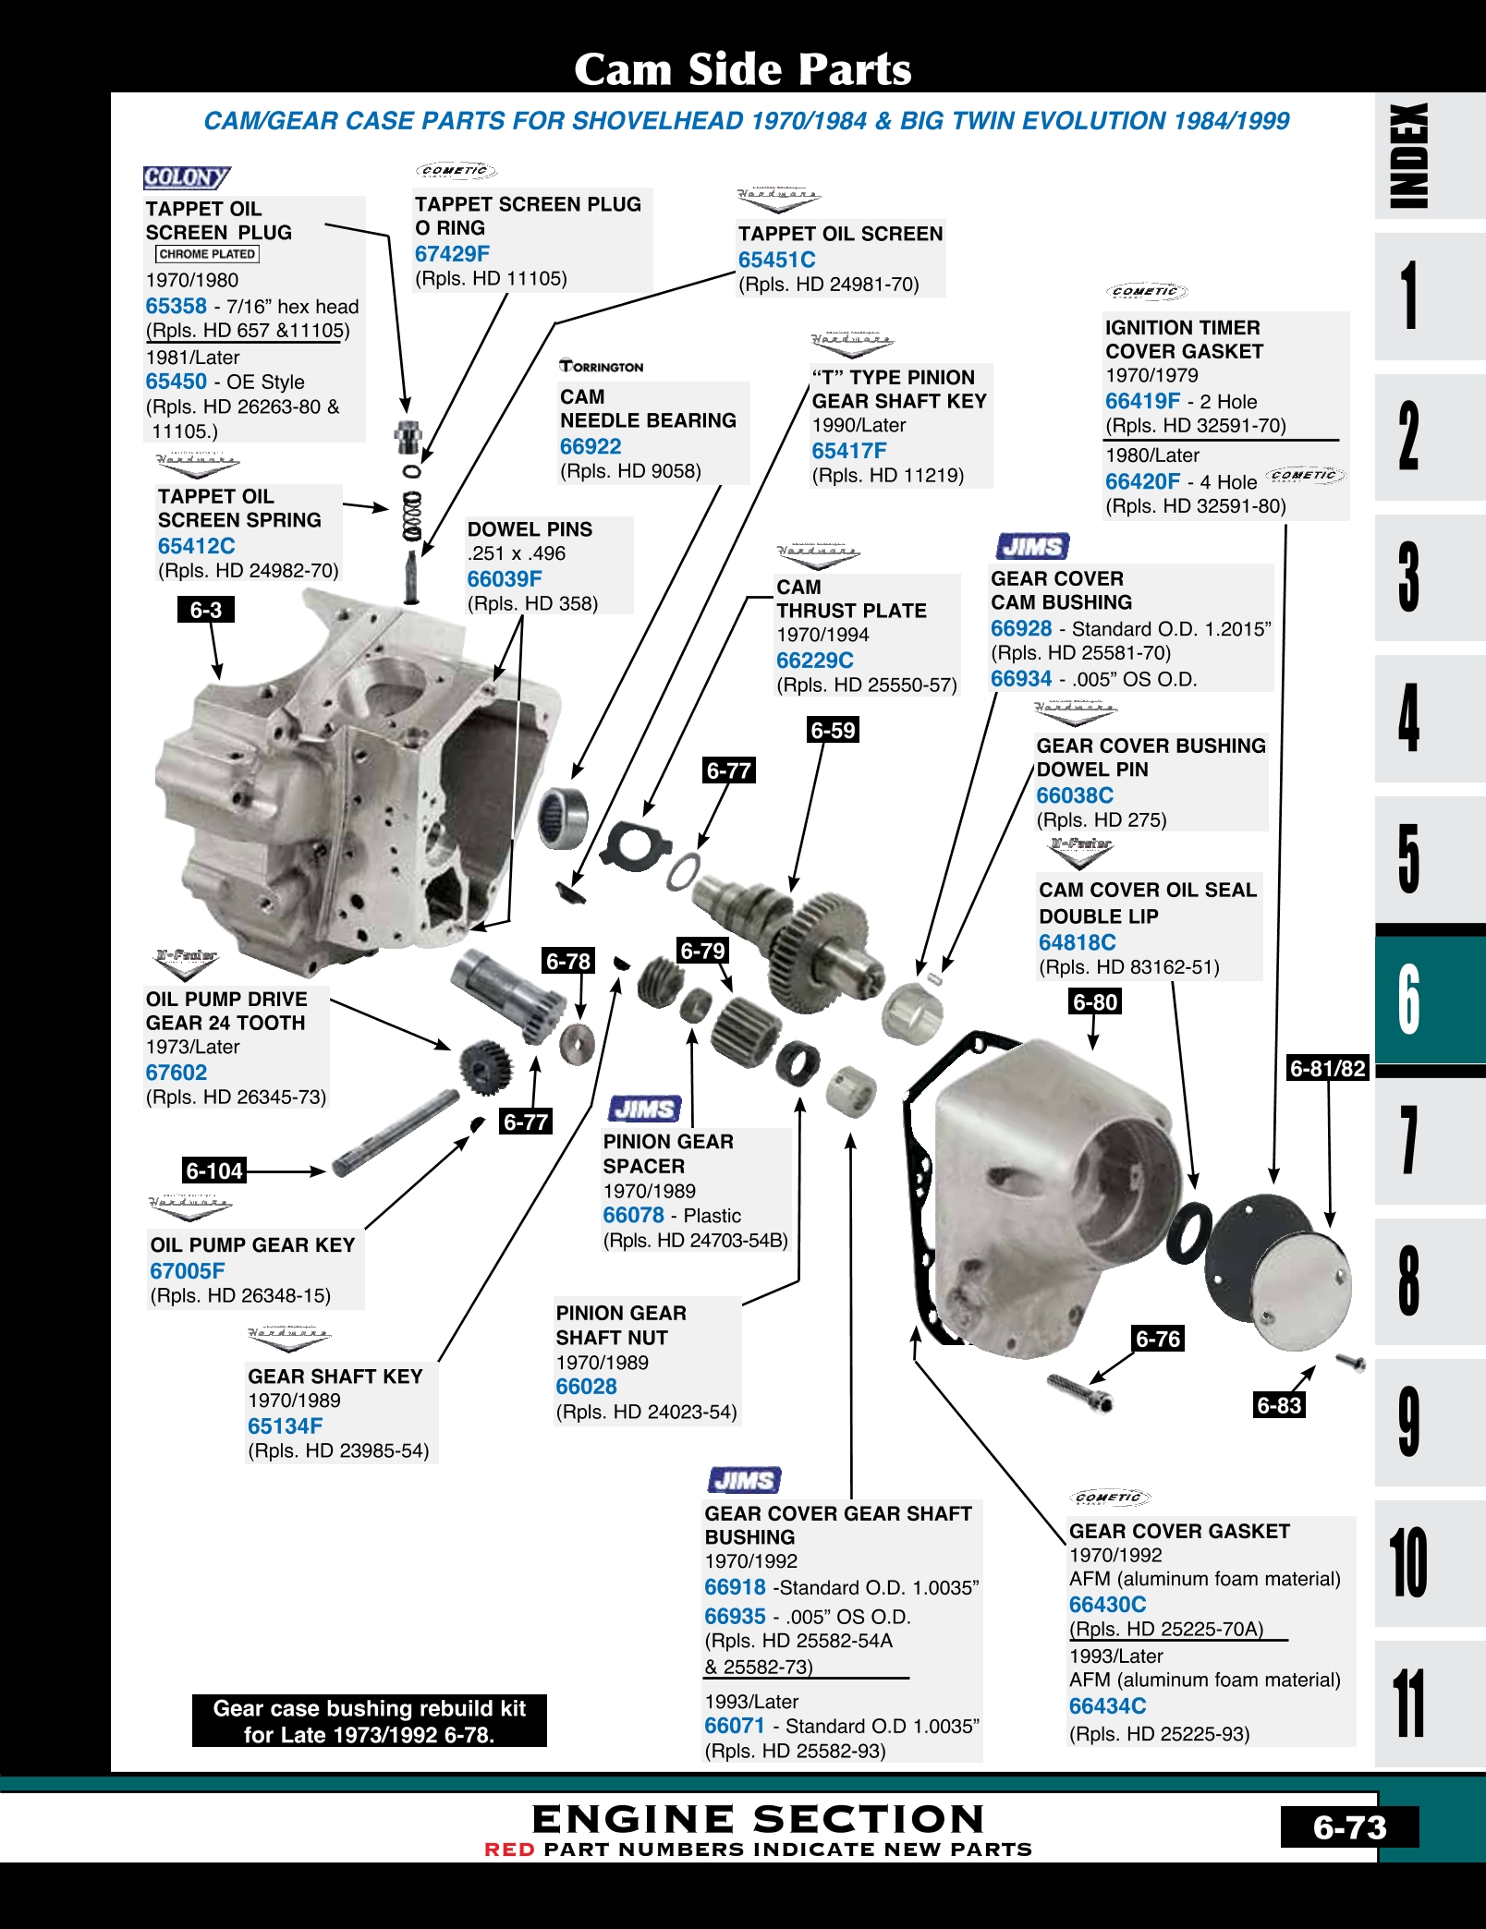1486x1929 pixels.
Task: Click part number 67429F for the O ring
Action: click(452, 254)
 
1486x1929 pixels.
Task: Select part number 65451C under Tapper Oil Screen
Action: click(776, 261)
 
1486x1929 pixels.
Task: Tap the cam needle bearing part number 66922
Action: click(591, 447)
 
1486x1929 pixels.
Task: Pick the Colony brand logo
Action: click(186, 177)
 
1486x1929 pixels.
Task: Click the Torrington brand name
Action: click(602, 367)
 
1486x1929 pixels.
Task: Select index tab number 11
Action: click(1408, 1703)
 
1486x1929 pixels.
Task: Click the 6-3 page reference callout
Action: click(205, 610)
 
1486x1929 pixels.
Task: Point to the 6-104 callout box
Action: click(214, 1171)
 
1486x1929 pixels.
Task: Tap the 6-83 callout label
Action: click(1278, 1405)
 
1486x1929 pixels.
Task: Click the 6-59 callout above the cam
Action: click(833, 730)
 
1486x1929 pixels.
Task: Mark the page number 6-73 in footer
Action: click(1349, 1827)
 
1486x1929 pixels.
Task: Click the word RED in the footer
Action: click(509, 1850)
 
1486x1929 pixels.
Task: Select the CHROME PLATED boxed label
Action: click(207, 254)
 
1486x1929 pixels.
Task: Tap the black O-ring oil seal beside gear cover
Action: click(1188, 1233)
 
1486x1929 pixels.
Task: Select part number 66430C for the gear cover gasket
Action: click(1107, 1605)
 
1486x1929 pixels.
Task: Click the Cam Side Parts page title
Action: click(743, 69)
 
